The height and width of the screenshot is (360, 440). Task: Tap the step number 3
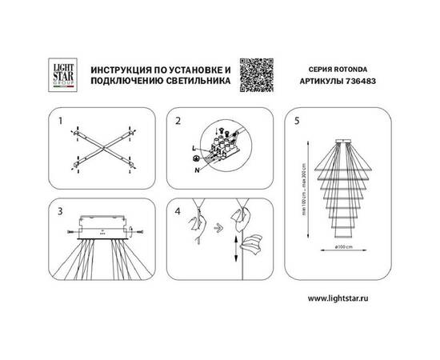tap(61, 211)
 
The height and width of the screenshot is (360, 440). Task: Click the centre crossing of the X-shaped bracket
tap(101, 149)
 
